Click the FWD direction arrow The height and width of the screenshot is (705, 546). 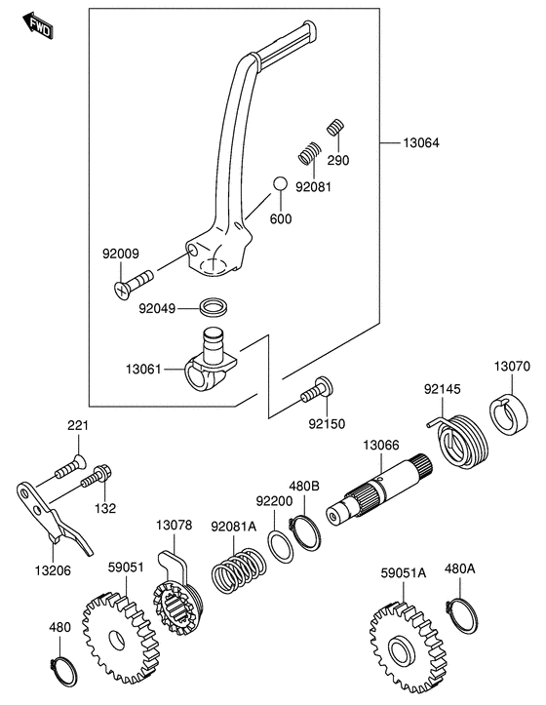(x=39, y=25)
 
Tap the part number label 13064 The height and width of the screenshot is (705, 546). (x=421, y=143)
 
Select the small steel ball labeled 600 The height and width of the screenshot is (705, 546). (x=280, y=183)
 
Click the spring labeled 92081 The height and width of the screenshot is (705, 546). (x=310, y=153)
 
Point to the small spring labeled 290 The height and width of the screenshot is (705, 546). (x=335, y=128)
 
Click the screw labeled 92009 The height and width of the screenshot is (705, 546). (x=134, y=284)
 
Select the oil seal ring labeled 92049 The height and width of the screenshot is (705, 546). (x=214, y=306)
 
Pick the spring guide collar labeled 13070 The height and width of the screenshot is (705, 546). (x=508, y=414)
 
